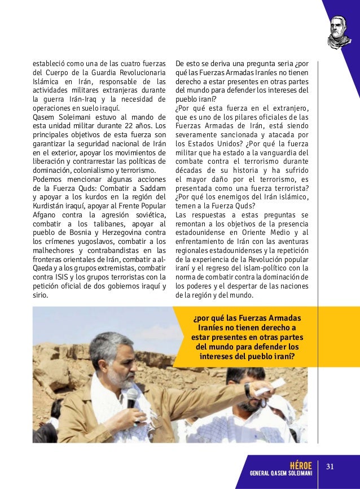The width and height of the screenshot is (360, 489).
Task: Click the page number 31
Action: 331,466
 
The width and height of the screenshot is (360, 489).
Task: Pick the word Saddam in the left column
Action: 151,187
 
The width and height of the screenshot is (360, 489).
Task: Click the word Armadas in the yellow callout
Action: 283,317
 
